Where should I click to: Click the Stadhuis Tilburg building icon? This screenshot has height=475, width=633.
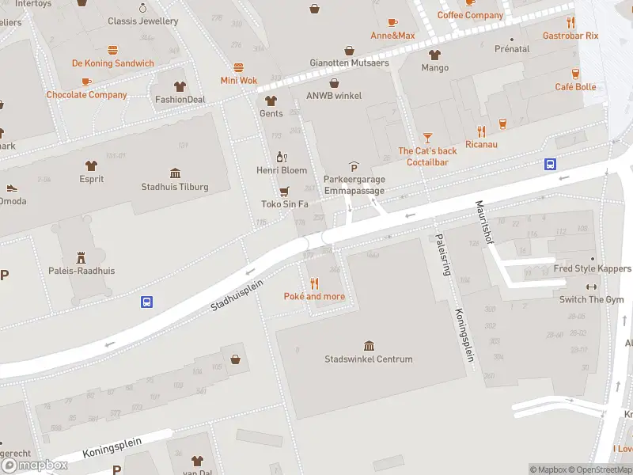[x=175, y=173]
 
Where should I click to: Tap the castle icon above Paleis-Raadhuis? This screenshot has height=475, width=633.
[x=80, y=257]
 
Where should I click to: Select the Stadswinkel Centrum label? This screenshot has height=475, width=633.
[x=369, y=359]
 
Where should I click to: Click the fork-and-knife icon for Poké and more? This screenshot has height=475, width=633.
[x=314, y=283]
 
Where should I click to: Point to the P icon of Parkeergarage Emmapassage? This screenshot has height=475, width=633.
[x=354, y=166]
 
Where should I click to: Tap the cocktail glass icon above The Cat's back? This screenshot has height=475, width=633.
[x=428, y=137]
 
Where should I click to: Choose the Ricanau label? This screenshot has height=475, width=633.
[x=481, y=145]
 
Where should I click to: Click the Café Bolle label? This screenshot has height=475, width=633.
[x=575, y=87]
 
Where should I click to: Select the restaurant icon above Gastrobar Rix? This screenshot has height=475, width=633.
[x=570, y=22]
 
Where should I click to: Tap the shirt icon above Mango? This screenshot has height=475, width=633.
[x=434, y=55]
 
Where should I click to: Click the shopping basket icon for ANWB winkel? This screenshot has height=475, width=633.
[x=334, y=83]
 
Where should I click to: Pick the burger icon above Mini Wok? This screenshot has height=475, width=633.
[x=238, y=68]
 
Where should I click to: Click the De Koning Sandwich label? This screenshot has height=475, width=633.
[x=112, y=63]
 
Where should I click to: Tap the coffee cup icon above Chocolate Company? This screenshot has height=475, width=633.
[x=86, y=82]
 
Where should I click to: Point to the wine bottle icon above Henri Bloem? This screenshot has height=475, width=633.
[x=280, y=157]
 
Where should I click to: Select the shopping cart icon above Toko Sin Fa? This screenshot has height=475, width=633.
[x=284, y=191]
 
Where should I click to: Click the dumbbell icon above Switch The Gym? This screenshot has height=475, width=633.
[x=591, y=287]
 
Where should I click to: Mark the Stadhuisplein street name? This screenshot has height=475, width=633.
[x=237, y=294]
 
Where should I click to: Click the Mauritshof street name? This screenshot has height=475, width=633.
[x=483, y=222]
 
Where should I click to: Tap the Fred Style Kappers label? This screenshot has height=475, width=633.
[x=591, y=269]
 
